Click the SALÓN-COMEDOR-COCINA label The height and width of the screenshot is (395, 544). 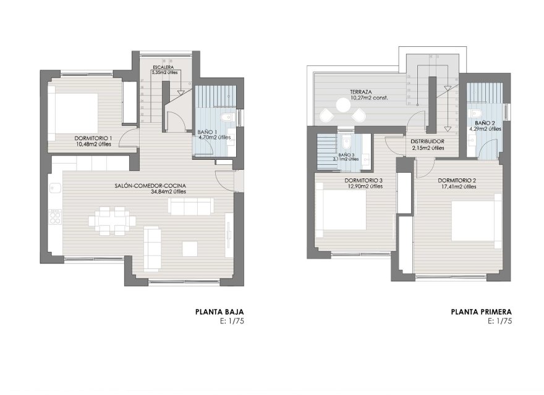click(150, 185)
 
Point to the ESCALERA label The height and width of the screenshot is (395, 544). click(164, 67)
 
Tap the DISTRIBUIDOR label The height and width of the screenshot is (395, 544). click(427, 141)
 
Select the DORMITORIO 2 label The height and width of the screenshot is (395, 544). click(456, 180)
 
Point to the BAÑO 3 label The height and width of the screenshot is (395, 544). click(347, 155)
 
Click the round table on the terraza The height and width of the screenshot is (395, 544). click(342, 106)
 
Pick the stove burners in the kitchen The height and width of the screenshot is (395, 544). click(55, 216)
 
